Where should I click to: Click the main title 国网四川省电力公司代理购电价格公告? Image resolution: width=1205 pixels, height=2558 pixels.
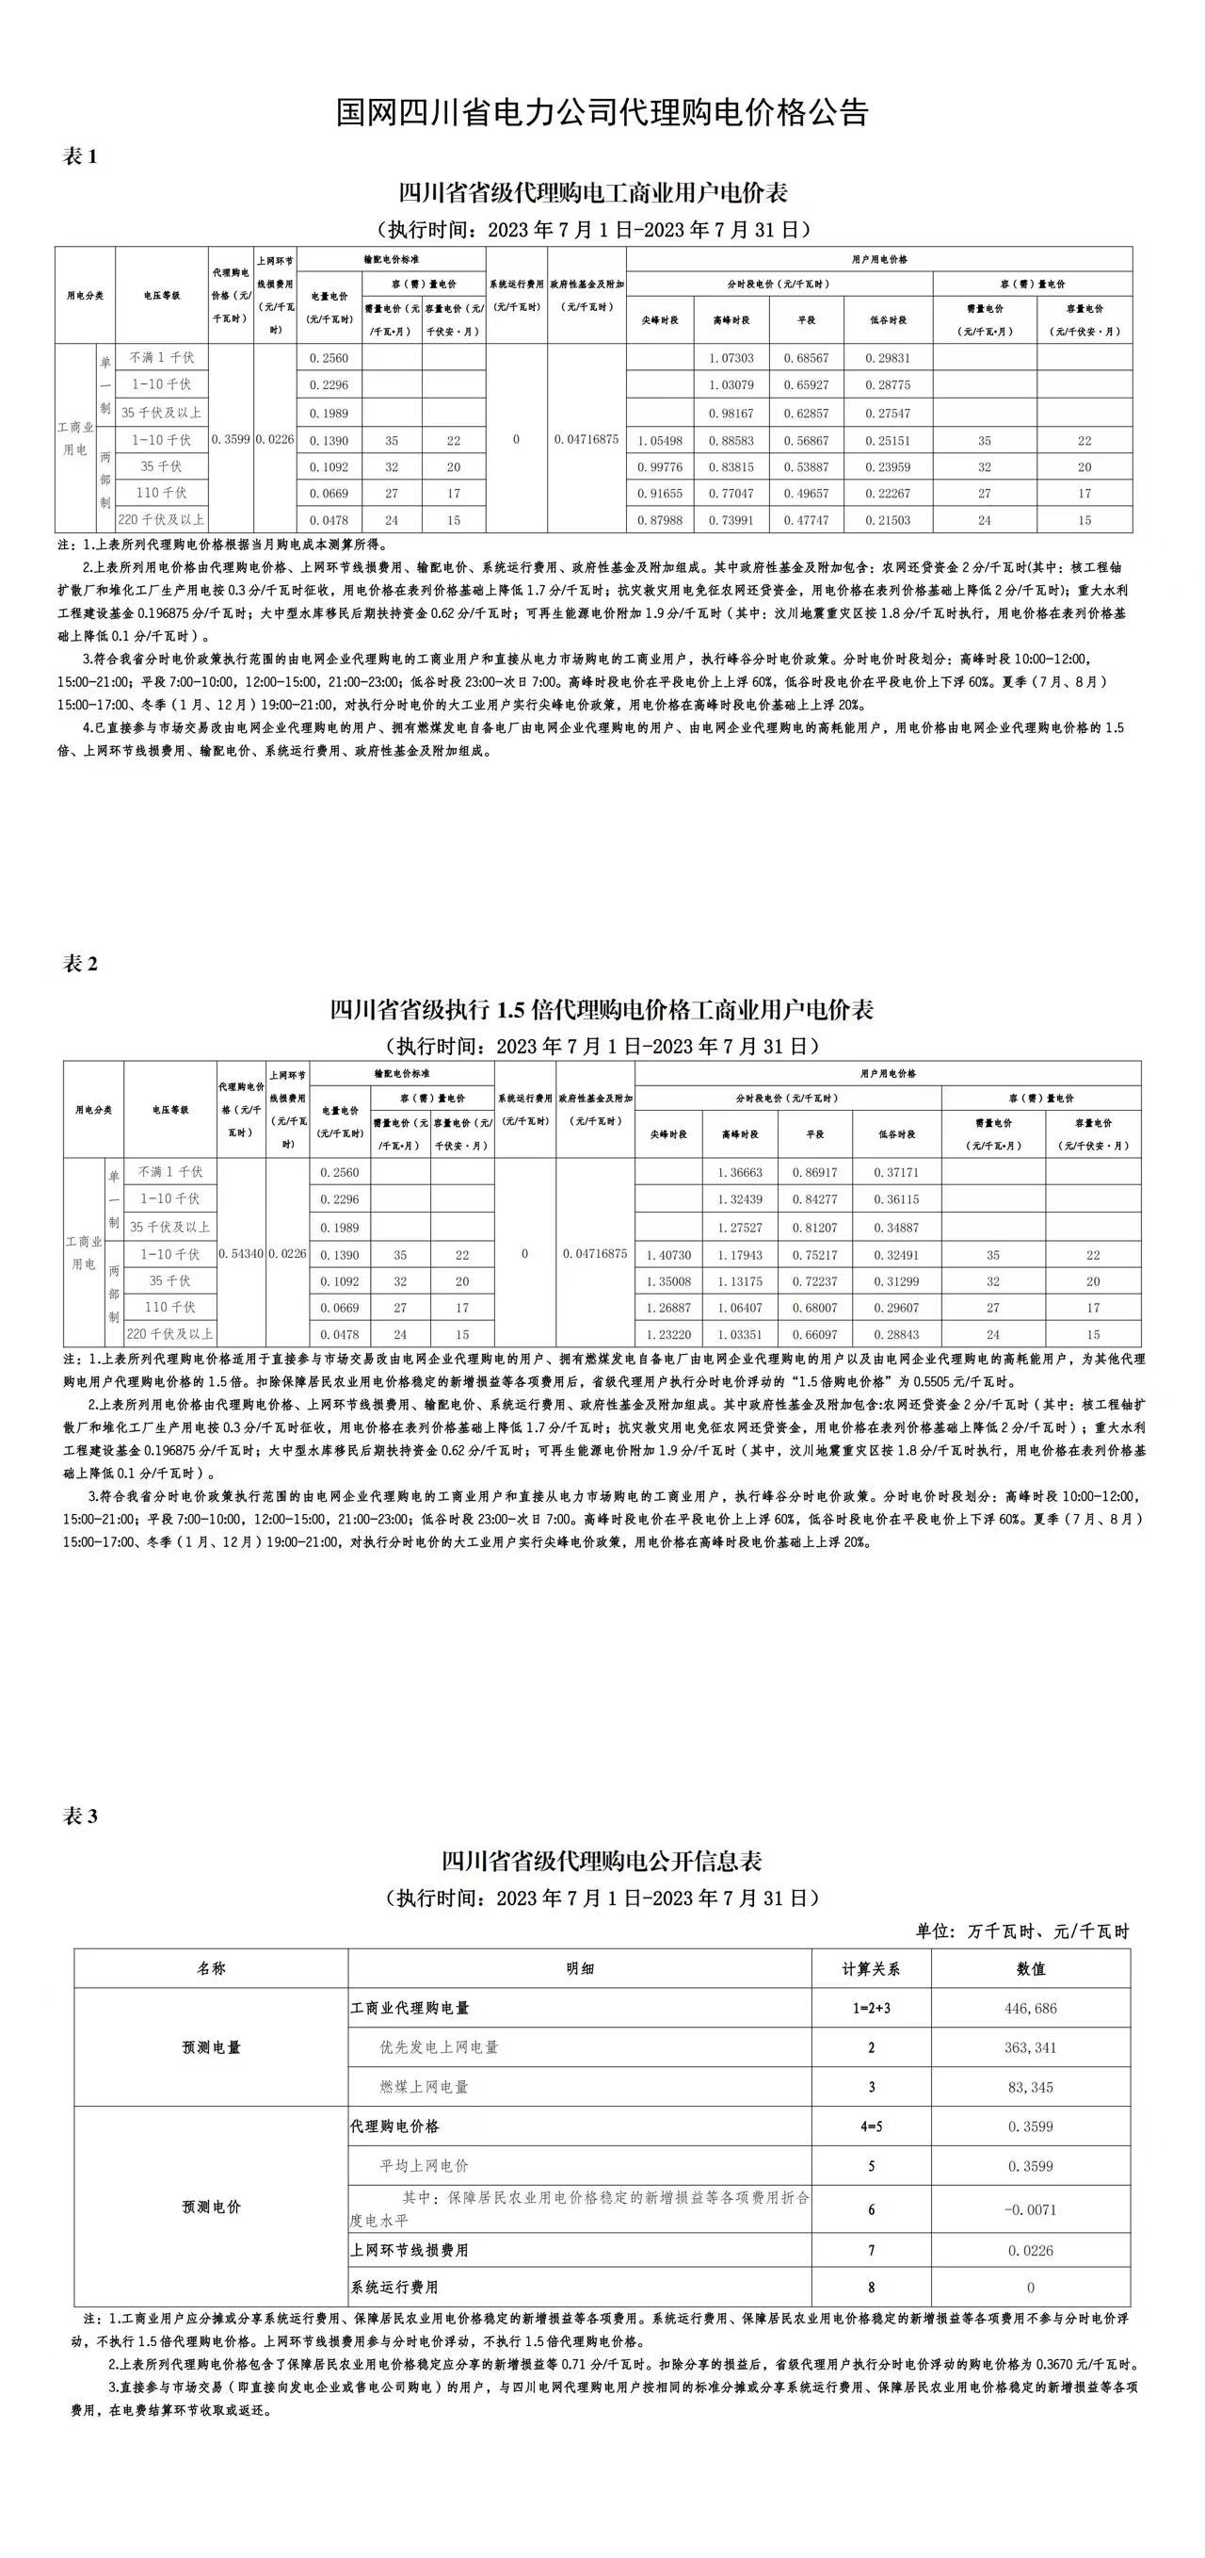602,111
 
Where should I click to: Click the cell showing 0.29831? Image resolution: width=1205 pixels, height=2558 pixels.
887,357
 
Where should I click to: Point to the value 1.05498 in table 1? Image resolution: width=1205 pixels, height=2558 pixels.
660,440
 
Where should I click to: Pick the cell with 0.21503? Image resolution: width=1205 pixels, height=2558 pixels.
887,520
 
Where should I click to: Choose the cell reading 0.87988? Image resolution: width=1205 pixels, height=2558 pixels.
660,520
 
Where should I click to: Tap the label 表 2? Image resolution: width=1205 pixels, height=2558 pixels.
80,963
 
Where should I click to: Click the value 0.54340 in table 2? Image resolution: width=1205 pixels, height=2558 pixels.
240,1254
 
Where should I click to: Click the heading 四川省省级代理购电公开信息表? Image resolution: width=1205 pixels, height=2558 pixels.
602,1860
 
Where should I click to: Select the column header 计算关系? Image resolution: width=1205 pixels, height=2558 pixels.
871,1968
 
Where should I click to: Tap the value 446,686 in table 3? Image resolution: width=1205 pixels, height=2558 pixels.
1030,2008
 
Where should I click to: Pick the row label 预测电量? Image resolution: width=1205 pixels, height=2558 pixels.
211,2047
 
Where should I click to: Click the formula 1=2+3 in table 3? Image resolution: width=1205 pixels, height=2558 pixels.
871,2008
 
